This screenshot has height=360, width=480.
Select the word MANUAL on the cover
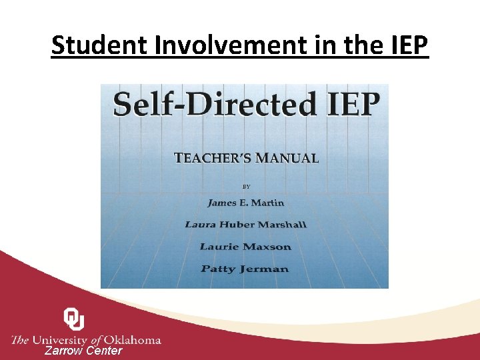click(289, 159)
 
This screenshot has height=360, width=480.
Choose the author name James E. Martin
click(245, 203)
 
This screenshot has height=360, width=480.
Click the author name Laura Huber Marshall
click(245, 225)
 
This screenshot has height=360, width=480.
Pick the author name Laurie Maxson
click(245, 247)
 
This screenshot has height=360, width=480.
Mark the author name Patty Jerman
click(245, 269)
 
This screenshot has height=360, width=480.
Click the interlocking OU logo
click(73, 319)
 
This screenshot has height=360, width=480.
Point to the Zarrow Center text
click(83, 351)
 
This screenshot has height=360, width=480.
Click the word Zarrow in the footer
click(63, 351)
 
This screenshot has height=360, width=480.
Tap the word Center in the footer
click(105, 351)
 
